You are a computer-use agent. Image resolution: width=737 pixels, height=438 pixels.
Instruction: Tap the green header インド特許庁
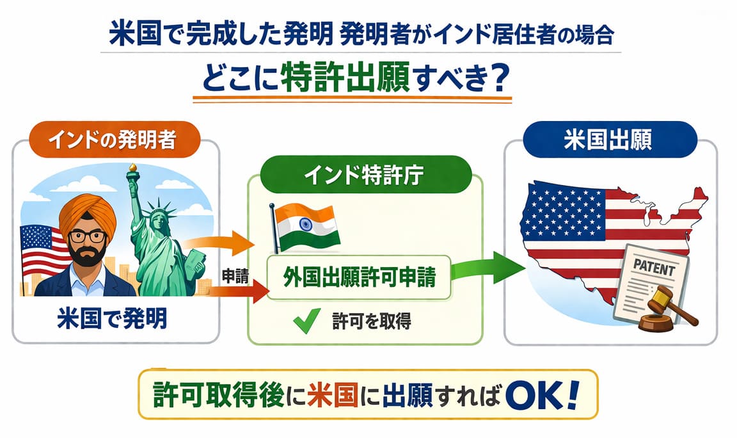tap(365, 175)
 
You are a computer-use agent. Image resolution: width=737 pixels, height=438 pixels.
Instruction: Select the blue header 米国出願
tap(610, 140)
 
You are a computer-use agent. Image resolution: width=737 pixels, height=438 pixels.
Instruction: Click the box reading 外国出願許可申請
tap(359, 277)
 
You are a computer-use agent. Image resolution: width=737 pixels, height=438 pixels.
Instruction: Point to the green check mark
tap(306, 321)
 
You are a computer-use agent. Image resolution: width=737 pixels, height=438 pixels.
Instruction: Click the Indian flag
tap(306, 228)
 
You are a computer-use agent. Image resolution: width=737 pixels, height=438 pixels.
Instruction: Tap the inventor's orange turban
tap(88, 214)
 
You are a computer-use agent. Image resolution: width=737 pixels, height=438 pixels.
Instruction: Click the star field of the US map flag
tap(563, 210)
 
